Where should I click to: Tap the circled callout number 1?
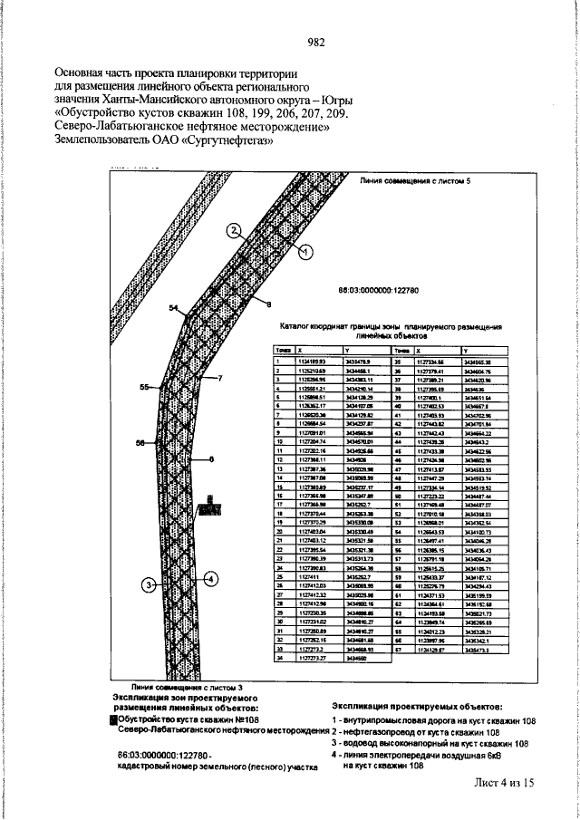pos(304,250)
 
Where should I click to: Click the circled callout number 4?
pos(210,576)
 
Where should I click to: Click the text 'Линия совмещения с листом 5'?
pos(410,181)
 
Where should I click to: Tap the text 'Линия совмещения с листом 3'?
pos(188,689)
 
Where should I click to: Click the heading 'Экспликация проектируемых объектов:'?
pos(416,704)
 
